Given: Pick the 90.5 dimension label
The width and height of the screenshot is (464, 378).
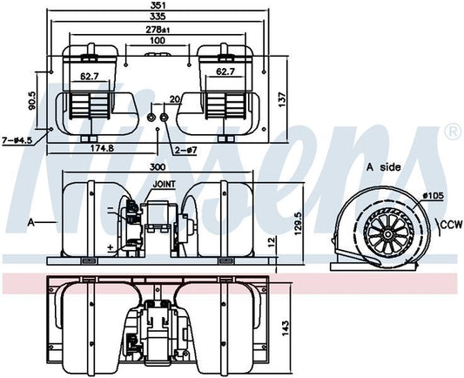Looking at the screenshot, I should pyautogui.click(x=32, y=102).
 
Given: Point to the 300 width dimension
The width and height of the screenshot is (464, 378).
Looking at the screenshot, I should pyautogui.click(x=157, y=166).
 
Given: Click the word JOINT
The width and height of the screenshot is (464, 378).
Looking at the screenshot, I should pyautogui.click(x=165, y=185).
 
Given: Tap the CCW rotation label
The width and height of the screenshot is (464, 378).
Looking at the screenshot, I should pyautogui.click(x=449, y=224).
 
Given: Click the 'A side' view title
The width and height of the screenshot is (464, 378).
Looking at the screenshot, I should pyautogui.click(x=382, y=166).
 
